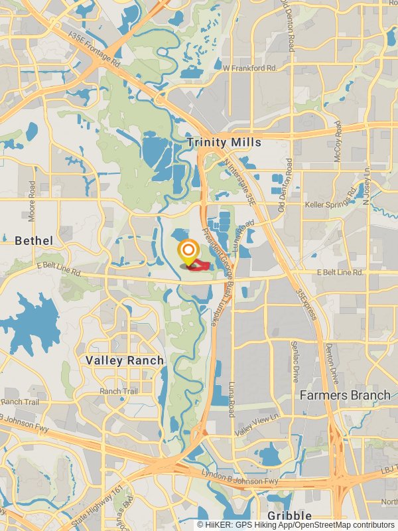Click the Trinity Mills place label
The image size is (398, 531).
click(224, 143)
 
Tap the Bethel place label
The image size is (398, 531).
click(34, 239)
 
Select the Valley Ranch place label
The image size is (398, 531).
click(124, 360)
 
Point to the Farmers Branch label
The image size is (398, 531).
click(345, 395)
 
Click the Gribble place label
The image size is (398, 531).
click(289, 516)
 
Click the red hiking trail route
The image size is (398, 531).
click(198, 265)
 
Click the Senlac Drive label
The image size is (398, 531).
click(294, 362)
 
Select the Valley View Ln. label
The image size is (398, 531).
click(257, 424)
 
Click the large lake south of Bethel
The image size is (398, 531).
click(33, 319)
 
